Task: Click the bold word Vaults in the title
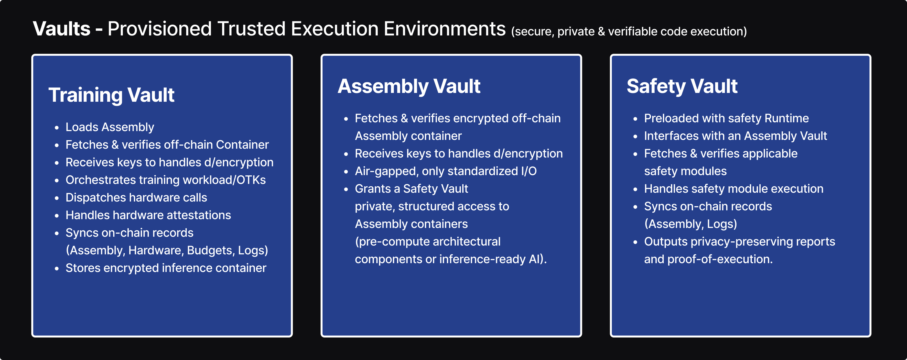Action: click(62, 29)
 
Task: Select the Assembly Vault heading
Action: click(409, 86)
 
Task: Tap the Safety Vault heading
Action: click(682, 86)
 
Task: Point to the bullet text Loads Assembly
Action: click(110, 127)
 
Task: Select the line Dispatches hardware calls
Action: click(136, 198)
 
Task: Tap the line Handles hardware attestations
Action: click(148, 215)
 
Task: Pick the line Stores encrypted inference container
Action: click(166, 268)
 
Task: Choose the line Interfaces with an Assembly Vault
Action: click(735, 136)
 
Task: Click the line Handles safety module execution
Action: click(734, 189)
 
